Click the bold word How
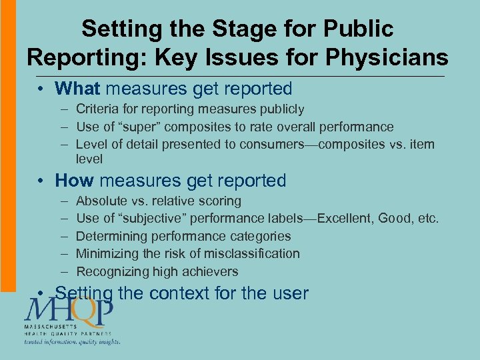pos(75,181)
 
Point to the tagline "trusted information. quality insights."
pos(72,342)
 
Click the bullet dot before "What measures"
pos(41,89)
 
